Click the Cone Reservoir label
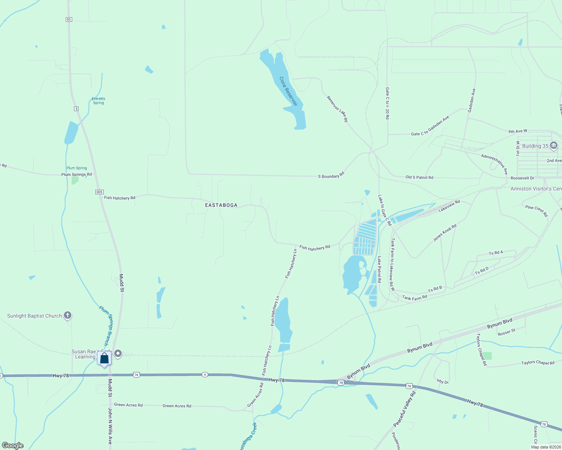[289, 91]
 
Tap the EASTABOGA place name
[221, 205]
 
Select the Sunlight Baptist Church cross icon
[68, 315]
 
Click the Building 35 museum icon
[553, 146]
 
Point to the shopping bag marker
[104, 358]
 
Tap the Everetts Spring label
[98, 101]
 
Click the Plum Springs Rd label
[76, 174]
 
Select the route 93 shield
[68, 19]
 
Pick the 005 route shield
[99, 192]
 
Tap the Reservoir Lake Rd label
[337, 109]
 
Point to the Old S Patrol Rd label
[419, 177]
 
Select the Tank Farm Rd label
[415, 298]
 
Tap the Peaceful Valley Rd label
[405, 409]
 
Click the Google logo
[13, 445]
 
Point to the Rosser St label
[506, 332]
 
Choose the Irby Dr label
[443, 382]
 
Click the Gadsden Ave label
[472, 100]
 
